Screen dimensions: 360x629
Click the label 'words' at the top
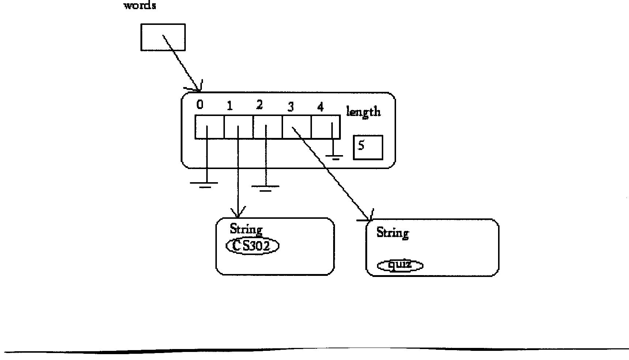pyautogui.click(x=140, y=6)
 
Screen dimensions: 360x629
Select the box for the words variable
pyautogui.click(x=163, y=37)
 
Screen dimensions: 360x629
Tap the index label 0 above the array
pyautogui.click(x=200, y=105)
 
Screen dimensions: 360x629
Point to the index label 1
pyautogui.click(x=230, y=106)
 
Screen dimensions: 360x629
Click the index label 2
pyautogui.click(x=259, y=105)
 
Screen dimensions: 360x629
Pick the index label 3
pyautogui.click(x=291, y=107)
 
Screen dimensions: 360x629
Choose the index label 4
pyautogui.click(x=320, y=107)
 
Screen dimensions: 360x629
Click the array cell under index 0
pyautogui.click(x=210, y=127)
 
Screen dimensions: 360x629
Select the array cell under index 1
pyautogui.click(x=238, y=127)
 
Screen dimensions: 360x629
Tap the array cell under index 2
pyautogui.click(x=268, y=127)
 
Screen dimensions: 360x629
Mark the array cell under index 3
pyautogui.click(x=297, y=127)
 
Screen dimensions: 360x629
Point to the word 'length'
pyautogui.click(x=363, y=112)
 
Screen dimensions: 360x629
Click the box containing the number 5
pyautogui.click(x=368, y=147)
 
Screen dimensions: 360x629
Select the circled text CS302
pyautogui.click(x=252, y=246)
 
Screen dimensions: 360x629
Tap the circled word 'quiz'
pyautogui.click(x=400, y=265)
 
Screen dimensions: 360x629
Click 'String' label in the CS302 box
pyautogui.click(x=246, y=229)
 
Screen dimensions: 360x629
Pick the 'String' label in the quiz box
pyautogui.click(x=393, y=233)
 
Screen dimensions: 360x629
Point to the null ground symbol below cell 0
pyautogui.click(x=205, y=184)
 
